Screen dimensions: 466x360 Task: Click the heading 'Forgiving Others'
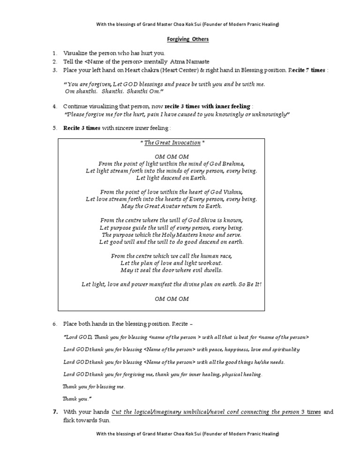(x=180, y=39)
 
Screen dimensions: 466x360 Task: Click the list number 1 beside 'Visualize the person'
(x=54, y=53)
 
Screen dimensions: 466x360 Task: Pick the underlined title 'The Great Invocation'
(x=172, y=143)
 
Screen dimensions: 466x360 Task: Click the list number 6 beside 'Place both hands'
(x=54, y=324)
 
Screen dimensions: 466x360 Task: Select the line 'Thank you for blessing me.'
(x=94, y=387)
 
